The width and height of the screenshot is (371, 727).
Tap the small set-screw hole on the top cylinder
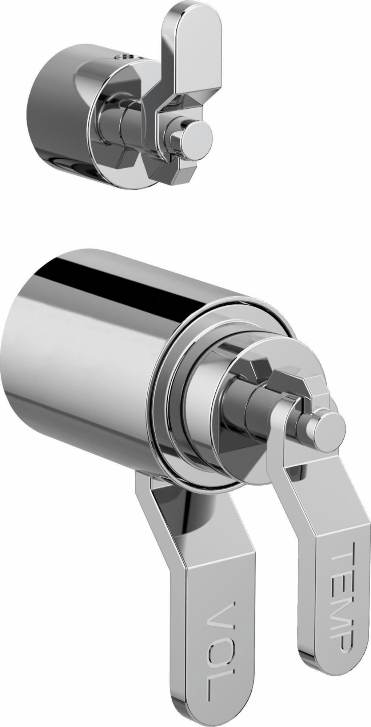click(x=126, y=57)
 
